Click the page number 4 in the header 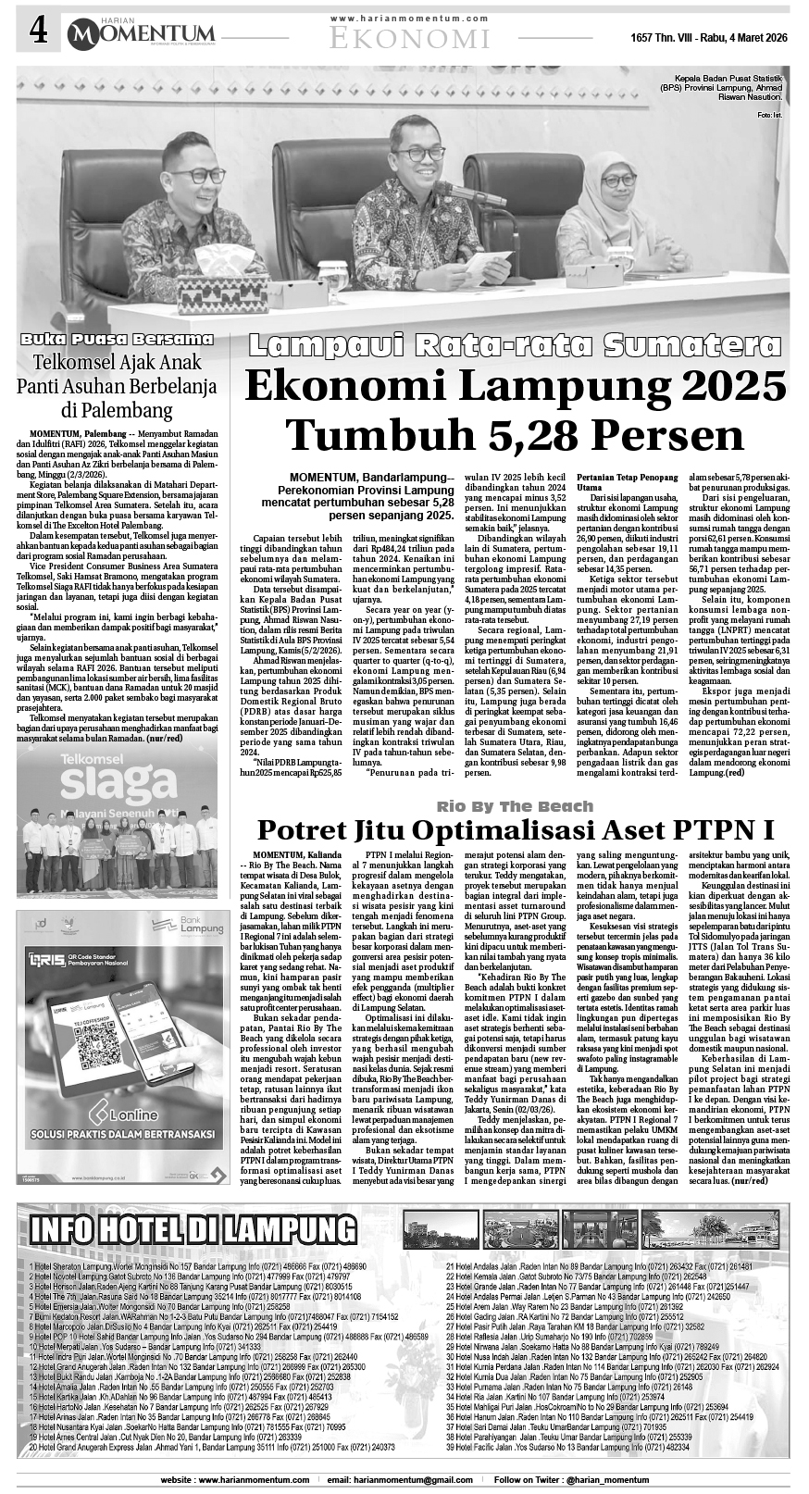tap(37, 32)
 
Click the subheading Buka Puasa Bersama tap(118, 339)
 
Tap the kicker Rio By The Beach tap(515, 806)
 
